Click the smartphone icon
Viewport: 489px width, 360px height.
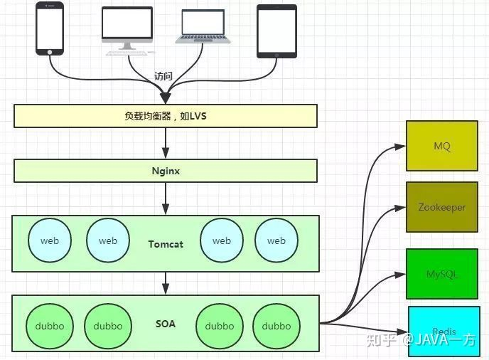(50, 28)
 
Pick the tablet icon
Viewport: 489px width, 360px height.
(276, 31)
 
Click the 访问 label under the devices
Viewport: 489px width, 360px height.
(163, 75)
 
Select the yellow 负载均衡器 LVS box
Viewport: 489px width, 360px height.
(165, 116)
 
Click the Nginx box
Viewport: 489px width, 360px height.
(165, 171)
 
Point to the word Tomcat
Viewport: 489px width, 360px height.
(166, 244)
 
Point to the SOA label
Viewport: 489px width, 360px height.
(166, 324)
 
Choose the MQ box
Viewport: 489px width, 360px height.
(441, 146)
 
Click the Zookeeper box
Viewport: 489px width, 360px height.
(441, 207)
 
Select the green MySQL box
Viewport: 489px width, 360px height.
(441, 274)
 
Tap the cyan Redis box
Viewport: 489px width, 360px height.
(444, 332)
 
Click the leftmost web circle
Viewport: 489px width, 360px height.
(50, 240)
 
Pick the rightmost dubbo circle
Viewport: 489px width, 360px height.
(276, 326)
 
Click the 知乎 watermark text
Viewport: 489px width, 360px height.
(382, 339)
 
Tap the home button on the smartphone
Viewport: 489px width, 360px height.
(50, 51)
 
